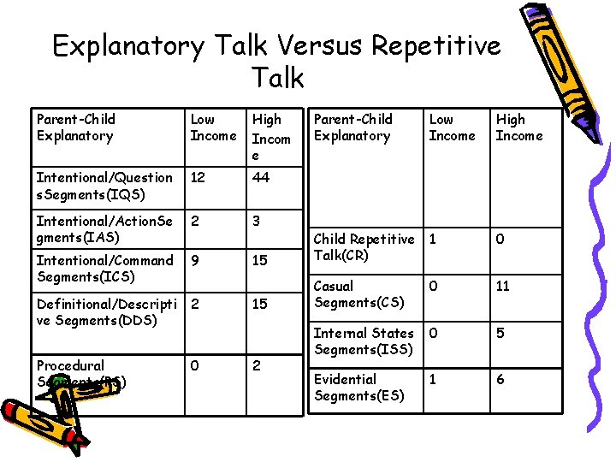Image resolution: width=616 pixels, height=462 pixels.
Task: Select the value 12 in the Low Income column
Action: pyautogui.click(x=198, y=177)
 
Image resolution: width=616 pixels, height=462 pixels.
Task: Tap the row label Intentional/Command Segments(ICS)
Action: pyautogui.click(x=104, y=268)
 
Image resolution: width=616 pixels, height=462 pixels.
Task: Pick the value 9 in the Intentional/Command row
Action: pyautogui.click(x=196, y=260)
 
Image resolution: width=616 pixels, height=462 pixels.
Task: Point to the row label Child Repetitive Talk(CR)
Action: pyautogui.click(x=364, y=246)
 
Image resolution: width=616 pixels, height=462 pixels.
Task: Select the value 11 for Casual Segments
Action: pyautogui.click(x=502, y=286)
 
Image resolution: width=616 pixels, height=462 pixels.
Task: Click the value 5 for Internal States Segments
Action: pyautogui.click(x=500, y=333)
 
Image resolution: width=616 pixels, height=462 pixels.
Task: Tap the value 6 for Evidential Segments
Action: pyautogui.click(x=500, y=379)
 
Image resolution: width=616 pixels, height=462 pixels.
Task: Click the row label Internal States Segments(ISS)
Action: pyautogui.click(x=364, y=341)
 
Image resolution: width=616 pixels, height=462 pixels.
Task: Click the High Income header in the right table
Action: pyautogui.click(x=518, y=127)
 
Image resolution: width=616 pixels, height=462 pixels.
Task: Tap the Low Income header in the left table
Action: pyautogui.click(x=213, y=127)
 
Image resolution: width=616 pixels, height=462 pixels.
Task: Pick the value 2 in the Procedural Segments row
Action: pyautogui.click(x=255, y=365)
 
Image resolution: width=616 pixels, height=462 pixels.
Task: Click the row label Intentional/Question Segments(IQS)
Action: pyautogui.click(x=104, y=186)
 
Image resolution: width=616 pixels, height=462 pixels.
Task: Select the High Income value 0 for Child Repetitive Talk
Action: pyautogui.click(x=500, y=239)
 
